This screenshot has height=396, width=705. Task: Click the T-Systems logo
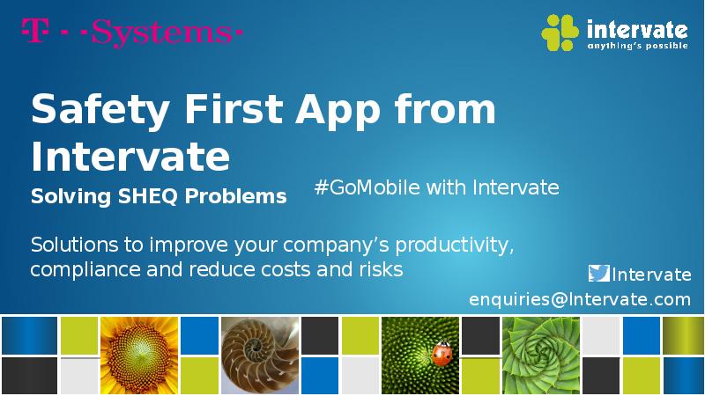(x=131, y=33)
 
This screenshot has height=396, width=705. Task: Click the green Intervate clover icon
(x=560, y=33)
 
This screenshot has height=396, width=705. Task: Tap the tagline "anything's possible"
(x=637, y=46)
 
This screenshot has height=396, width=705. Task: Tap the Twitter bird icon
(x=599, y=274)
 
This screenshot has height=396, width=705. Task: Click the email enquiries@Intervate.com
(x=580, y=300)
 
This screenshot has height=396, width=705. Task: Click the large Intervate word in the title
(x=130, y=156)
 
